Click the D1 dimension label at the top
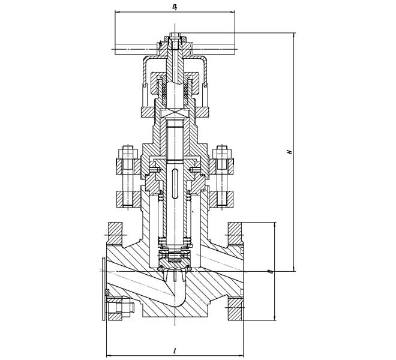[x=175, y=7]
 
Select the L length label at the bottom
[x=175, y=350]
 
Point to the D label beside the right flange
[x=271, y=272]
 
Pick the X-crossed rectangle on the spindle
[x=175, y=113]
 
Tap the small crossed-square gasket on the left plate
[x=107, y=292]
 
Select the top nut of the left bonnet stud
[x=128, y=152]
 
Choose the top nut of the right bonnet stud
[x=222, y=152]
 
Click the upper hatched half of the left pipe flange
[x=115, y=233]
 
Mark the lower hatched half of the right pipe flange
[x=236, y=310]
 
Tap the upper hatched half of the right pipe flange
[x=235, y=233]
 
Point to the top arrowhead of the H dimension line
[x=294, y=35]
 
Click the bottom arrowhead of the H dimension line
[x=294, y=269]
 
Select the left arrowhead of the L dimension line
[x=109, y=355]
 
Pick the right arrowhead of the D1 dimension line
[x=233, y=11]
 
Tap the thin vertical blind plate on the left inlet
[x=103, y=289]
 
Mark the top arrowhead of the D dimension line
[x=275, y=224]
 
